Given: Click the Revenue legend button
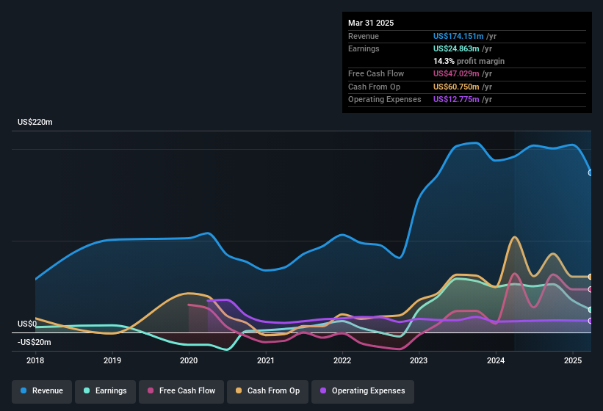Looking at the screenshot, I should [x=43, y=390].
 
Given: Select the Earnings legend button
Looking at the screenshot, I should [x=105, y=390].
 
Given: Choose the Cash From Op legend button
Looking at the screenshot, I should [x=269, y=390].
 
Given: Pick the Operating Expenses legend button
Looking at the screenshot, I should [x=363, y=390].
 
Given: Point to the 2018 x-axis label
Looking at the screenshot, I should [x=35, y=360].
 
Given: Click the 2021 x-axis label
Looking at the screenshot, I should [x=265, y=360].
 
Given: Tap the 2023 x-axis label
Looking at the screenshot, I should [x=419, y=360].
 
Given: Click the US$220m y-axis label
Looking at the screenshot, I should [x=35, y=123].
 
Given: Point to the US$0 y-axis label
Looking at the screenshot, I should [x=27, y=324].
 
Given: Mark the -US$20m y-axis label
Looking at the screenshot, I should [x=35, y=342].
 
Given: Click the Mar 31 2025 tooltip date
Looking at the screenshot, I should [x=371, y=23].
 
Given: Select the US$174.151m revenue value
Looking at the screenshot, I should [x=458, y=36].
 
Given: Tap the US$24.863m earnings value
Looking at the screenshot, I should [x=455, y=48].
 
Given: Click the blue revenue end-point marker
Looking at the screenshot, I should [x=591, y=172].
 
